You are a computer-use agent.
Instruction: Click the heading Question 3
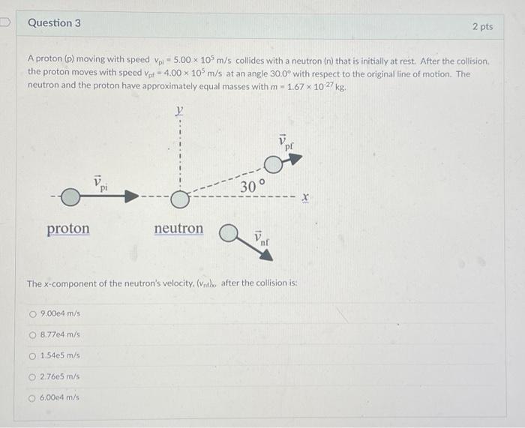coord(54,23)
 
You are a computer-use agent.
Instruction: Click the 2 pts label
coord(482,26)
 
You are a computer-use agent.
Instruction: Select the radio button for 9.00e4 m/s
coord(32,313)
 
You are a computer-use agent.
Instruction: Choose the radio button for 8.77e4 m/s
coord(32,334)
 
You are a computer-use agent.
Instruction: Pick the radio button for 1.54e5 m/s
coord(32,355)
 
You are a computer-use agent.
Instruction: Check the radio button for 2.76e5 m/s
coord(32,377)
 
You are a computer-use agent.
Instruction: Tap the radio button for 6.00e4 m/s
coord(32,398)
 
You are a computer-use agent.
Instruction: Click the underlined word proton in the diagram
coord(68,229)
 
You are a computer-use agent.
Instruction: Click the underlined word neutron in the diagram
coord(178,228)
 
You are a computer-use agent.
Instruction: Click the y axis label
coord(179,111)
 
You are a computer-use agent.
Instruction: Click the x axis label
coord(304,197)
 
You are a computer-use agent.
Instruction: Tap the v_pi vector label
coord(100,184)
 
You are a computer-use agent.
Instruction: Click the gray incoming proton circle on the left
coord(70,197)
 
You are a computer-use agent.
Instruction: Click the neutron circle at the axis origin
coord(179,199)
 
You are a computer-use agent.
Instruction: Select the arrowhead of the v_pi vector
coord(131,197)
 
